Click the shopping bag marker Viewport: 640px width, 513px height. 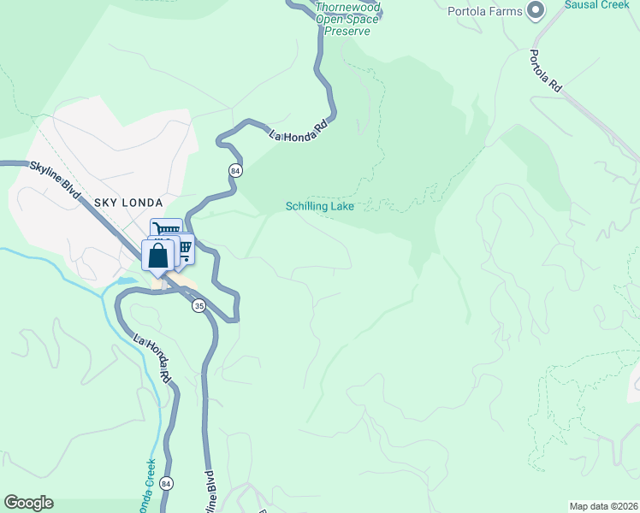(158, 255)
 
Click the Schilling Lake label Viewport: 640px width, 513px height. (319, 206)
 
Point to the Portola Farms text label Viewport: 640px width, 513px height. (485, 11)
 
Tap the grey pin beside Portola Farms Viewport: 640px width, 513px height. (536, 10)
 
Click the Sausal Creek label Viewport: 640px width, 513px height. (596, 4)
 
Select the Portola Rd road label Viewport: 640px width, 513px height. (544, 70)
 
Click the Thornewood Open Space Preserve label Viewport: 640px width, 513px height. (347, 19)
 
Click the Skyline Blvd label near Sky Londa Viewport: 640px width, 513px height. (55, 180)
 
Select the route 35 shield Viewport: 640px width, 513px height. (199, 305)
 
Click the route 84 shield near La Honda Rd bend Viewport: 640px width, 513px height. (235, 171)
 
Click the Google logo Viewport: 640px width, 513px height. (27, 503)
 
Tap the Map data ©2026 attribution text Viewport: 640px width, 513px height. (603, 506)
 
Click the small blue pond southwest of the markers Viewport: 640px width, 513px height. (126, 280)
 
